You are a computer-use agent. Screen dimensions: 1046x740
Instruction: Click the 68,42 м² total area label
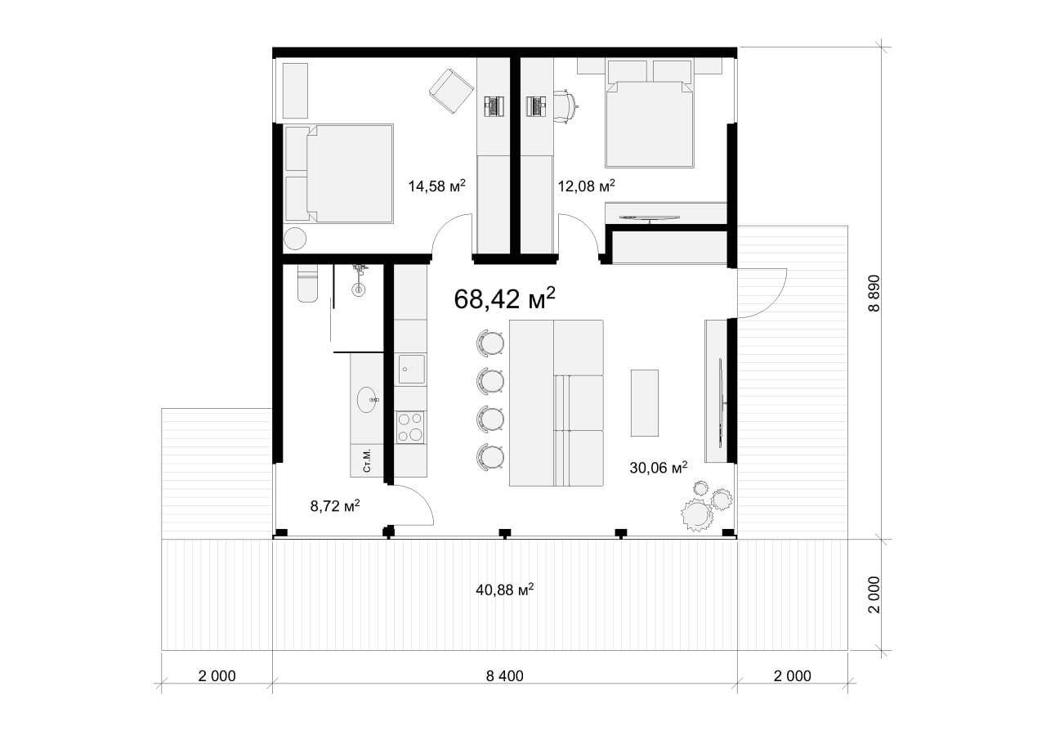(x=505, y=298)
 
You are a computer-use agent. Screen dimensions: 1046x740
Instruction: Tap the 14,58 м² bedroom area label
(x=436, y=186)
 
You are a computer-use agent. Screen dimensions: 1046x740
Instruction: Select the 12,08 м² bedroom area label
(x=586, y=186)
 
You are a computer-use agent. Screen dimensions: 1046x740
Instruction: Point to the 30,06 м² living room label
(x=659, y=467)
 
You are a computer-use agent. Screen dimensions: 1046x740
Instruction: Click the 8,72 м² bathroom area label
(x=335, y=505)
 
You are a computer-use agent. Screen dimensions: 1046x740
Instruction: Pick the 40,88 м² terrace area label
(x=505, y=590)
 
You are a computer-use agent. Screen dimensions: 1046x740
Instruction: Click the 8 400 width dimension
(x=505, y=676)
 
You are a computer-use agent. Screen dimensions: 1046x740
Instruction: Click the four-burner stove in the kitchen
(x=410, y=427)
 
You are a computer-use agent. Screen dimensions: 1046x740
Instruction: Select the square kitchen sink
(x=411, y=369)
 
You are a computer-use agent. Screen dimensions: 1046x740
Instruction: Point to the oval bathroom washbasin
(x=368, y=400)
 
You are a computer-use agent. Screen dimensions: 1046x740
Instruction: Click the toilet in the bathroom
(x=307, y=283)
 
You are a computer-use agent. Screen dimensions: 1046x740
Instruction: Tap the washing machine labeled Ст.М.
(x=367, y=460)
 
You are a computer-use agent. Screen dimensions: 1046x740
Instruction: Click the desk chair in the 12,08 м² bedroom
(x=567, y=106)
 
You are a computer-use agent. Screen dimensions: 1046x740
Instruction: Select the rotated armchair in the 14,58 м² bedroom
(x=451, y=91)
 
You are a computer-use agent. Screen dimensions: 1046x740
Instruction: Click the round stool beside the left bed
(x=295, y=238)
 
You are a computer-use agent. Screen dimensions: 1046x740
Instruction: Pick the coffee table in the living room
(x=645, y=402)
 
